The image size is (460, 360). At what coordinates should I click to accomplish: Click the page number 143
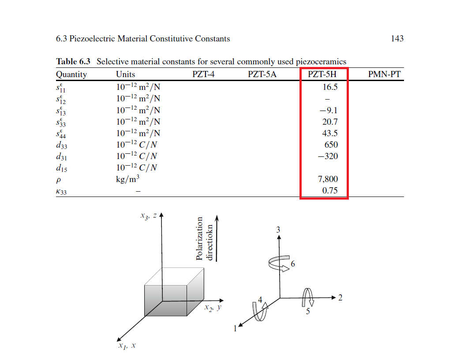tap(397, 39)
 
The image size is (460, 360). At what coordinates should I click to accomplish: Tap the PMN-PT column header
tap(384, 74)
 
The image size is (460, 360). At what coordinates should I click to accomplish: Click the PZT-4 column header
tap(203, 74)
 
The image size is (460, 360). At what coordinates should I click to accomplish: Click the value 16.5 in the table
tap(330, 87)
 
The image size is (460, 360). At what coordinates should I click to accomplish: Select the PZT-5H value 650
tap(331, 145)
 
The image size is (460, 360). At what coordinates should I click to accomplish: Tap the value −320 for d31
tap(328, 156)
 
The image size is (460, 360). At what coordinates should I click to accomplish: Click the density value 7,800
tap(328, 179)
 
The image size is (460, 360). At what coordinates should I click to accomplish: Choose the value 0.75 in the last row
tap(330, 191)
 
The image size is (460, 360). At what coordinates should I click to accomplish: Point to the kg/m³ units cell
tap(128, 179)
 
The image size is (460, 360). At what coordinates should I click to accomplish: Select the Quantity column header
tap(71, 74)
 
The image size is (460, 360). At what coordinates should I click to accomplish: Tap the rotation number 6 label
tap(293, 264)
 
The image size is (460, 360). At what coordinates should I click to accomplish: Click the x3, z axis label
tap(148, 216)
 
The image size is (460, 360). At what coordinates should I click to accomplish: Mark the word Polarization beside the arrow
tap(200, 238)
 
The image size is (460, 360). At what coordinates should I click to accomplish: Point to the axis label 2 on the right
tap(340, 297)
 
